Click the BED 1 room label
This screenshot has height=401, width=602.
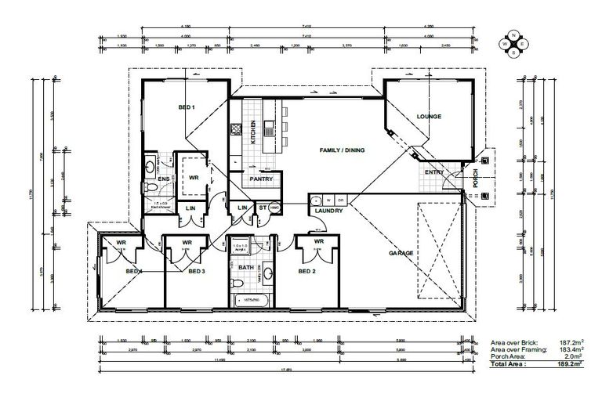pos(186,107)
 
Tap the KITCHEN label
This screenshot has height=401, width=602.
pos(253,132)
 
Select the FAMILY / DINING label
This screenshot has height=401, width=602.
pos(341,150)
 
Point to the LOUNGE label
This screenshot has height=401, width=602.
pos(429,117)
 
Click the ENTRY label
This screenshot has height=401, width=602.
pos(433,172)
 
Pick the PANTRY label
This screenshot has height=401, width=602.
pos(260,179)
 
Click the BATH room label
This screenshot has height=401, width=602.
pos(245,267)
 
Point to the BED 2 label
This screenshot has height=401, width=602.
pos(306,271)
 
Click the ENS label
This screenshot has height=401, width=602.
pos(164,179)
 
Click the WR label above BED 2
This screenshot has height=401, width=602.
pos(318,242)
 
